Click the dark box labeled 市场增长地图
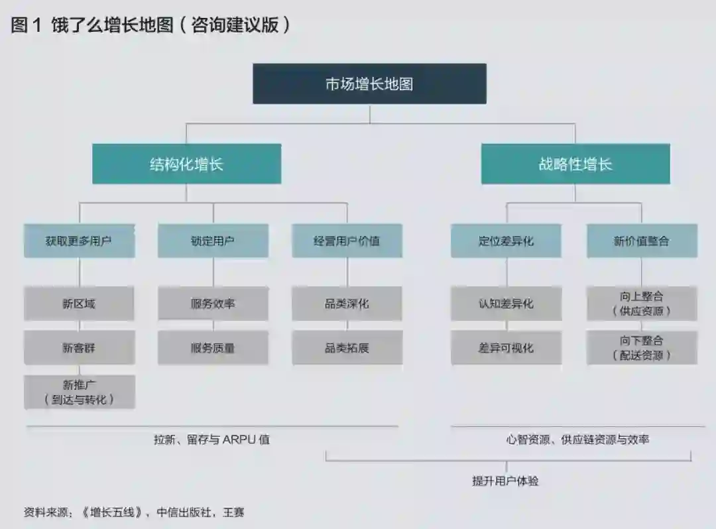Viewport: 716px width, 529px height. [369, 84]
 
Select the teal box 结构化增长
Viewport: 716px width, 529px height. [186, 164]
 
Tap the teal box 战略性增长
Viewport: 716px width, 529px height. [575, 164]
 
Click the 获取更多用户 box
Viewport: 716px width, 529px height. [79, 241]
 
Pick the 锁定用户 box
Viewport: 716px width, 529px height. [213, 241]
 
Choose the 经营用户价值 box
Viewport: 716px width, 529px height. [347, 241]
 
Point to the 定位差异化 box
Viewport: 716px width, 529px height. [506, 241]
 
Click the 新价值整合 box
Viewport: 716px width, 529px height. [641, 241]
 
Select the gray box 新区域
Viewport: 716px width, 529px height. [79, 304]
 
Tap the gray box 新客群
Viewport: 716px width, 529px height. [79, 347]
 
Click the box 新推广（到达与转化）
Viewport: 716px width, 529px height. [79, 392]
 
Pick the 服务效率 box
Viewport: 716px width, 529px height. [213, 304]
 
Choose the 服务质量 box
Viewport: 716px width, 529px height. [213, 347]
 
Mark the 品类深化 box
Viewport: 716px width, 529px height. [347, 304]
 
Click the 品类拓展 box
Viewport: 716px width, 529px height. [347, 347]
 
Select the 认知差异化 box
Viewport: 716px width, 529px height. [506, 304]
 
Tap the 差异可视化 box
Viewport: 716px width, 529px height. [506, 347]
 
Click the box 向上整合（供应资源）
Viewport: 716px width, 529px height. [641, 304]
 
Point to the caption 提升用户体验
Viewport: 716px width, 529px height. [505, 481]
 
